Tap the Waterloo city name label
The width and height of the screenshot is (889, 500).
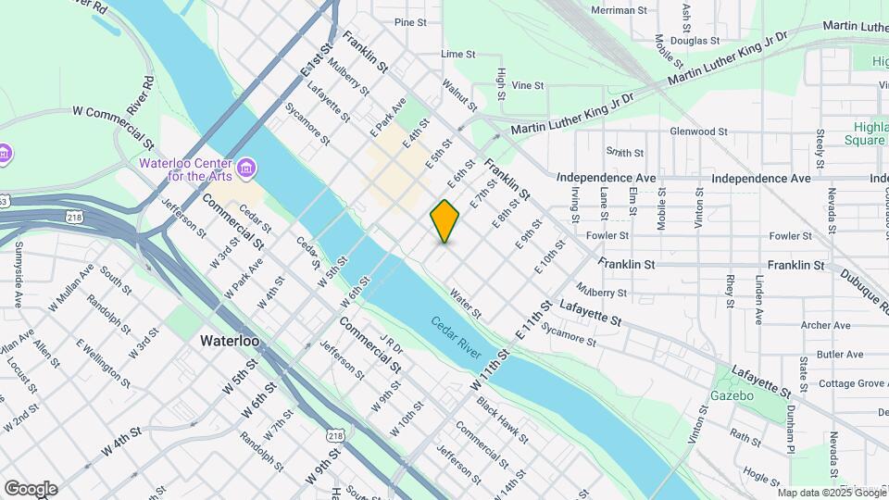tap(230, 341)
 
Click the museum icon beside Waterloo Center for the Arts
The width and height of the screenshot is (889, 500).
tap(246, 167)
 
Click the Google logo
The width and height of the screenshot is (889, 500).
tap(31, 489)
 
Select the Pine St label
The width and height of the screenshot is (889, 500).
tap(410, 22)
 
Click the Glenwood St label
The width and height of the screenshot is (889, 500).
tap(706, 131)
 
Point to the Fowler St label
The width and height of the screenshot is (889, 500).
tap(607, 235)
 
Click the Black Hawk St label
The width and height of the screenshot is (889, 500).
tap(501, 419)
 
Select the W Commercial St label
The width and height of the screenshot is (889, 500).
tap(113, 127)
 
